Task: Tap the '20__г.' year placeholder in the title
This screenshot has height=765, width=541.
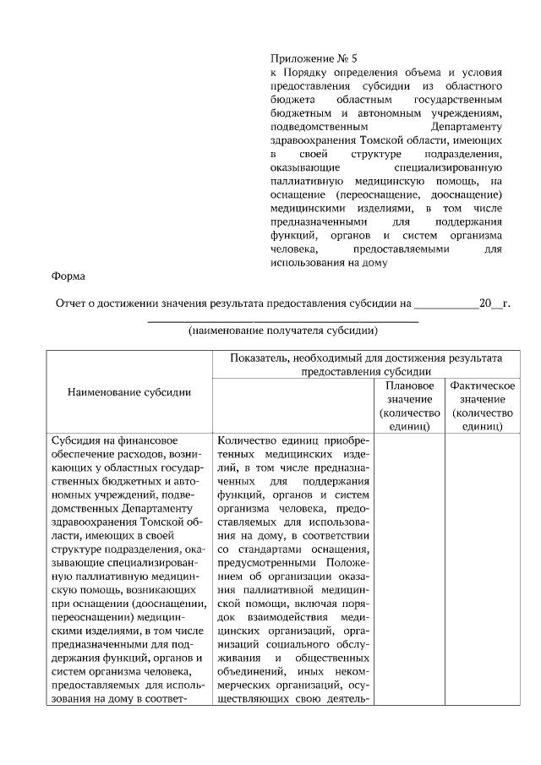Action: point(495,303)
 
